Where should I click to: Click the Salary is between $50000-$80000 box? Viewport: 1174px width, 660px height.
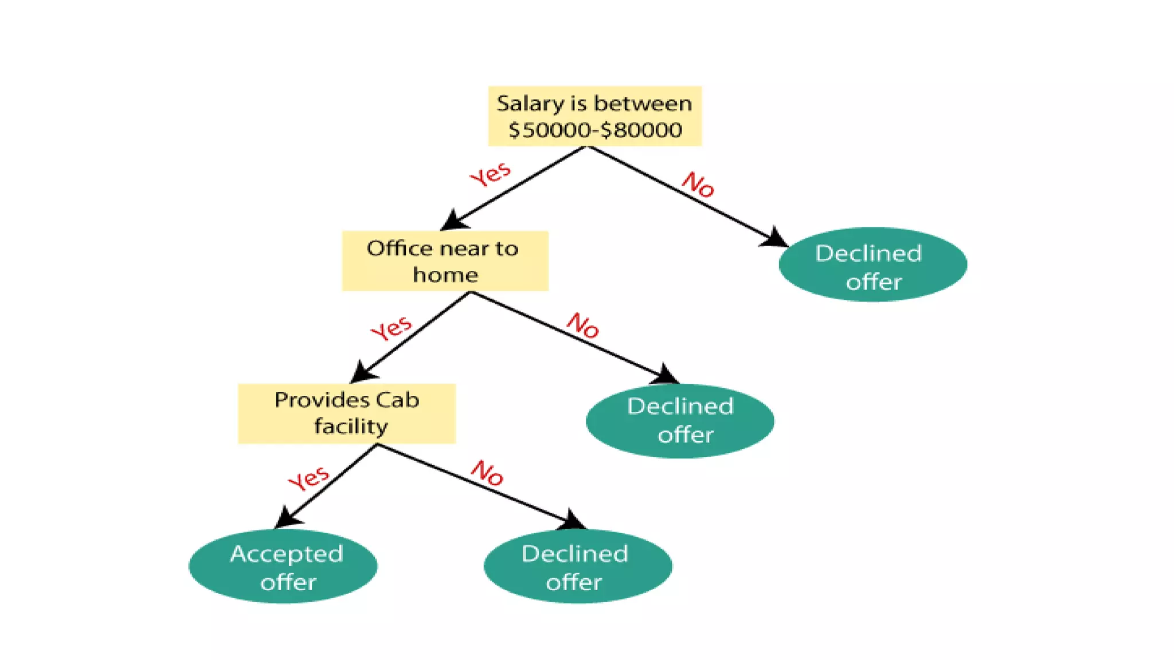pos(594,116)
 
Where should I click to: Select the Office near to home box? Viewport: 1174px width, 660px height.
pos(445,261)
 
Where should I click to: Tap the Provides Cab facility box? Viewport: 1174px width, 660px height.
pos(347,413)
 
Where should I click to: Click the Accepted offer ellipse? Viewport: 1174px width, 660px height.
pos(283,566)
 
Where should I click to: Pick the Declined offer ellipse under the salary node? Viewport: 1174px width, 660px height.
pos(872,265)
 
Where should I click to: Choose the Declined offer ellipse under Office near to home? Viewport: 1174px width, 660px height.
pos(680,421)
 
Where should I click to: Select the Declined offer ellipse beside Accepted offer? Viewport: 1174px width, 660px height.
pos(578,566)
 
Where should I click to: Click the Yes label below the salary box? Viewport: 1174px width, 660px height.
pos(490,174)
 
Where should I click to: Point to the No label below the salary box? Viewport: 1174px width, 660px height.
pos(698,184)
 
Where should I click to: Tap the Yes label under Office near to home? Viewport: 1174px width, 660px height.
pos(391,328)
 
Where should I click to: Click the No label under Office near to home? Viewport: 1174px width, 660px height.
pos(582,325)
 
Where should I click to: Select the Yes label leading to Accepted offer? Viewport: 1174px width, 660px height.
pos(308,478)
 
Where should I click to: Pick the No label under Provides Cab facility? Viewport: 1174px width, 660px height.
pos(487,473)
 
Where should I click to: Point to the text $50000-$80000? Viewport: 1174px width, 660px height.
pos(595,130)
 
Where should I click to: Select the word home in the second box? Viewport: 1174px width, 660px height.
pos(445,275)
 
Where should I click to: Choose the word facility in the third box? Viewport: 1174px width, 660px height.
pos(351,427)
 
